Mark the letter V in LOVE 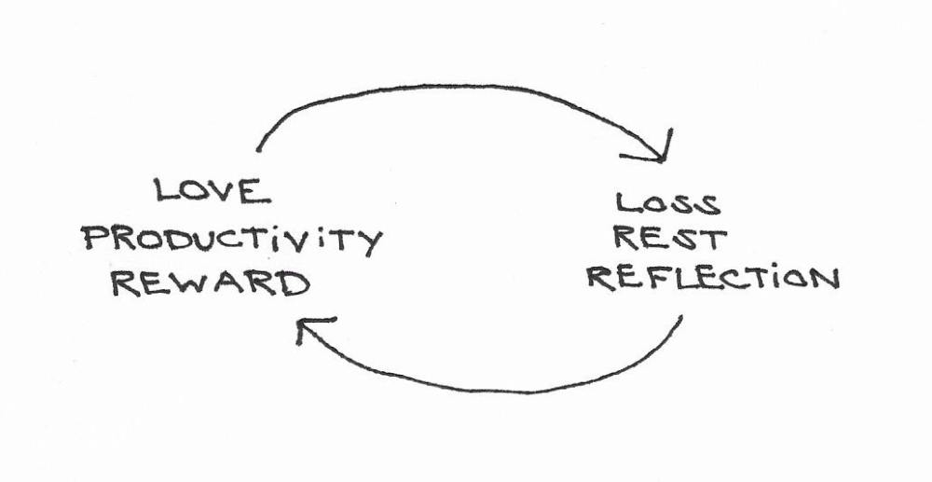pos(225,192)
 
